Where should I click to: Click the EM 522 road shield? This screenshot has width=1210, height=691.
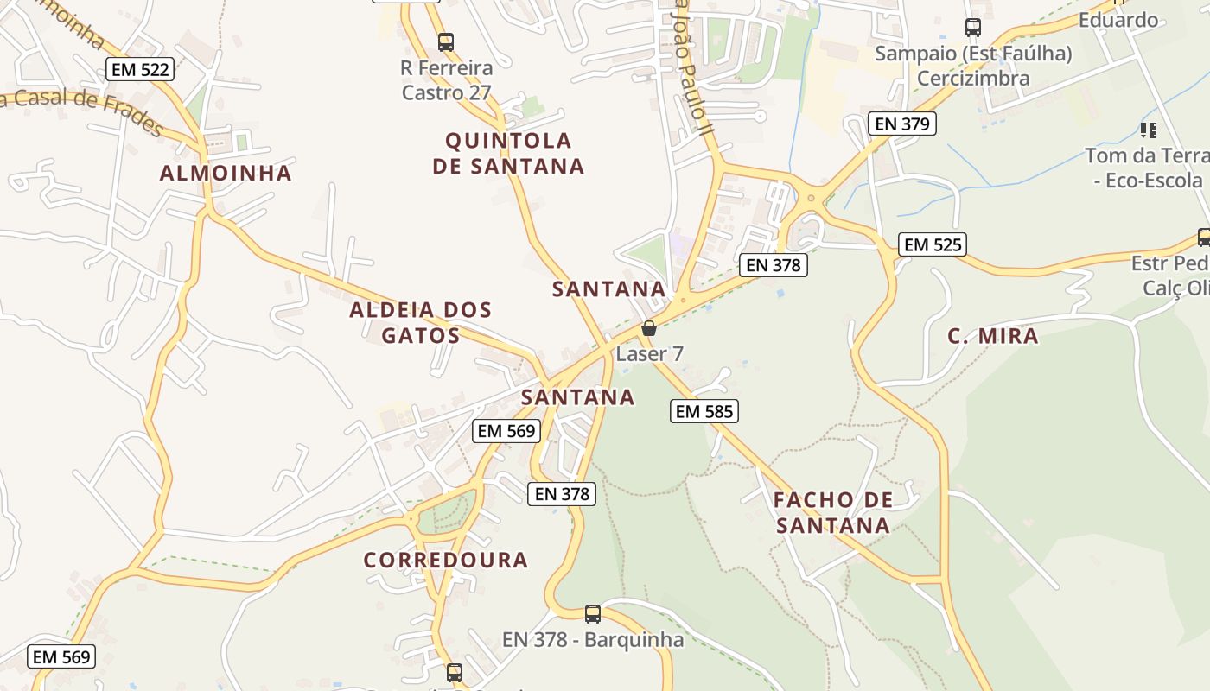140,70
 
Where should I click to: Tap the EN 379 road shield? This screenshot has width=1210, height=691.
902,124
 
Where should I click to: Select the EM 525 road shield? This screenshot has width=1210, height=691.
932,244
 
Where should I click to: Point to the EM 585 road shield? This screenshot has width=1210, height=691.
704,411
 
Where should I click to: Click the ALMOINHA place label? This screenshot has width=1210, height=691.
226,173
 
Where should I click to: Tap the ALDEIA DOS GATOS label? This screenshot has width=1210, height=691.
421,322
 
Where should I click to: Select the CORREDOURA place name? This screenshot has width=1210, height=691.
445,560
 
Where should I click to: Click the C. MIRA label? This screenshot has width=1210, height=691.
992,336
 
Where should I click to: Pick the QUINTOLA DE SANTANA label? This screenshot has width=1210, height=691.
508,153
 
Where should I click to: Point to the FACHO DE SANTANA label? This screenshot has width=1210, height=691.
832,512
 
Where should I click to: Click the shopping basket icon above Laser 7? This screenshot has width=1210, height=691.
649,328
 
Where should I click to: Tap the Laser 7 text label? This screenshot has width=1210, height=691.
649,353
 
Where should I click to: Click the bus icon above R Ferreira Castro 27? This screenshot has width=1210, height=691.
446,41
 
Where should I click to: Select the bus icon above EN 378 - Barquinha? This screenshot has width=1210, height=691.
593,614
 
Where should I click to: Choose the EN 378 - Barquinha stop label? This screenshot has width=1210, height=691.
593,640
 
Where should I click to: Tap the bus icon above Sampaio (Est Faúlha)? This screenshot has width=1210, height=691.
973,28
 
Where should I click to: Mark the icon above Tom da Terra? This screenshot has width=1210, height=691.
1148,130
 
